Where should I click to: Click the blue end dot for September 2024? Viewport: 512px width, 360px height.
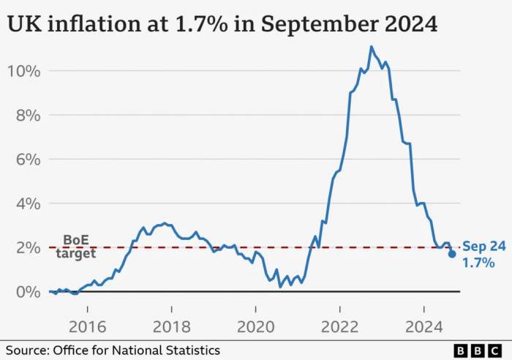click(452, 254)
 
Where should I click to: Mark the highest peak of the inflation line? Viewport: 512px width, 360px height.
click(372, 47)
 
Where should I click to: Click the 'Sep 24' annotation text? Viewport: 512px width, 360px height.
click(483, 247)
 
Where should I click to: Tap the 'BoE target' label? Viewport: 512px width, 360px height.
click(75, 247)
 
